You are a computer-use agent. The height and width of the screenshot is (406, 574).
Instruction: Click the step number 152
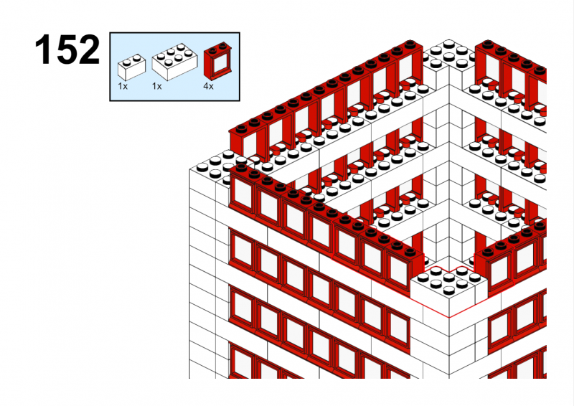point(67,49)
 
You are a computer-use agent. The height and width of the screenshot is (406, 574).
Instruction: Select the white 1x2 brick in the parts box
point(131,67)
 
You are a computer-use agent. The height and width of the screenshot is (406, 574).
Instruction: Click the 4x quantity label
point(208,86)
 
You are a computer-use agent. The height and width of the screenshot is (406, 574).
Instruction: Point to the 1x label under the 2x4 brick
point(156,86)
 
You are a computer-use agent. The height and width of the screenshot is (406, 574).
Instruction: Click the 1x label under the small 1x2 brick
point(123,86)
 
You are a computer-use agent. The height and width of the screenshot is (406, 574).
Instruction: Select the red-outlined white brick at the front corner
point(449,291)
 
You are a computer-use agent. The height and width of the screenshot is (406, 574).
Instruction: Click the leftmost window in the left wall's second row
point(242,250)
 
